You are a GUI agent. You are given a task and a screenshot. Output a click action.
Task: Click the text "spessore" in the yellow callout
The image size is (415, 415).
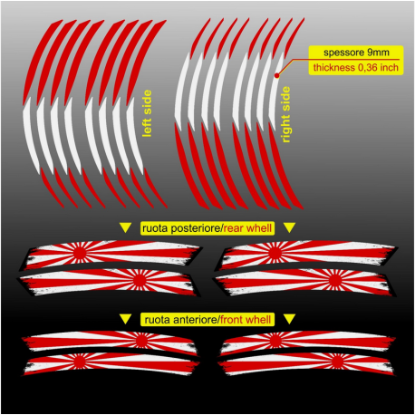pyautogui.click(x=344, y=53)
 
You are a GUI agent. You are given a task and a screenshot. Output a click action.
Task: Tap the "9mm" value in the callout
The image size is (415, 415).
pyautogui.click(x=378, y=53)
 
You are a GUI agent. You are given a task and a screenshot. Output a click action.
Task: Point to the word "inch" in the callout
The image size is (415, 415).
pyautogui.click(x=389, y=67)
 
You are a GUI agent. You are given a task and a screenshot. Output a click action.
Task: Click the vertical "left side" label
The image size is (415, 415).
pyautogui.click(x=147, y=113)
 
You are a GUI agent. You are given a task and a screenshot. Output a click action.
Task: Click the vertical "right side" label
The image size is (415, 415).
pyautogui.click(x=285, y=114)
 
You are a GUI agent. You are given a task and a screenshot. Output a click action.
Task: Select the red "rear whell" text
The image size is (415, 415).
pyautogui.click(x=247, y=228)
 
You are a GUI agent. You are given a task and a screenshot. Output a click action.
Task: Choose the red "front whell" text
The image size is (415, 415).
pyautogui.click(x=246, y=320)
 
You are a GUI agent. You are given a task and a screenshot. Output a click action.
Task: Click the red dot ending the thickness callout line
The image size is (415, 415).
pyautogui.click(x=277, y=75)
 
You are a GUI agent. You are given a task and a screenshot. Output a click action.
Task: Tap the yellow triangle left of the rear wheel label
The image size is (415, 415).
pyautogui.click(x=125, y=227)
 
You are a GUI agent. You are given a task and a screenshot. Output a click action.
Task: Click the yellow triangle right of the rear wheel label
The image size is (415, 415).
pyautogui.click(x=289, y=227)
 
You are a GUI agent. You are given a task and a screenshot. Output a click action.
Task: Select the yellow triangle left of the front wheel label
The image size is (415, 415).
pyautogui.click(x=125, y=319)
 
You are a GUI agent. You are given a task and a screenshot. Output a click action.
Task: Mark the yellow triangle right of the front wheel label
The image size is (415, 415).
pyautogui.click(x=289, y=319)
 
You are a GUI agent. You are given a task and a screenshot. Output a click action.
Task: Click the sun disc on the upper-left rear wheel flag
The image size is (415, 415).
pyautogui.click(x=80, y=253)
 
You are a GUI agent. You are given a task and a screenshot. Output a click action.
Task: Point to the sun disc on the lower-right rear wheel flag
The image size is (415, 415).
pyautogui.click(x=335, y=280)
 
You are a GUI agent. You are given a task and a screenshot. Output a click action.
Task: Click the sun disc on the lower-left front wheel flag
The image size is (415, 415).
pyautogui.click(x=79, y=362)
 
